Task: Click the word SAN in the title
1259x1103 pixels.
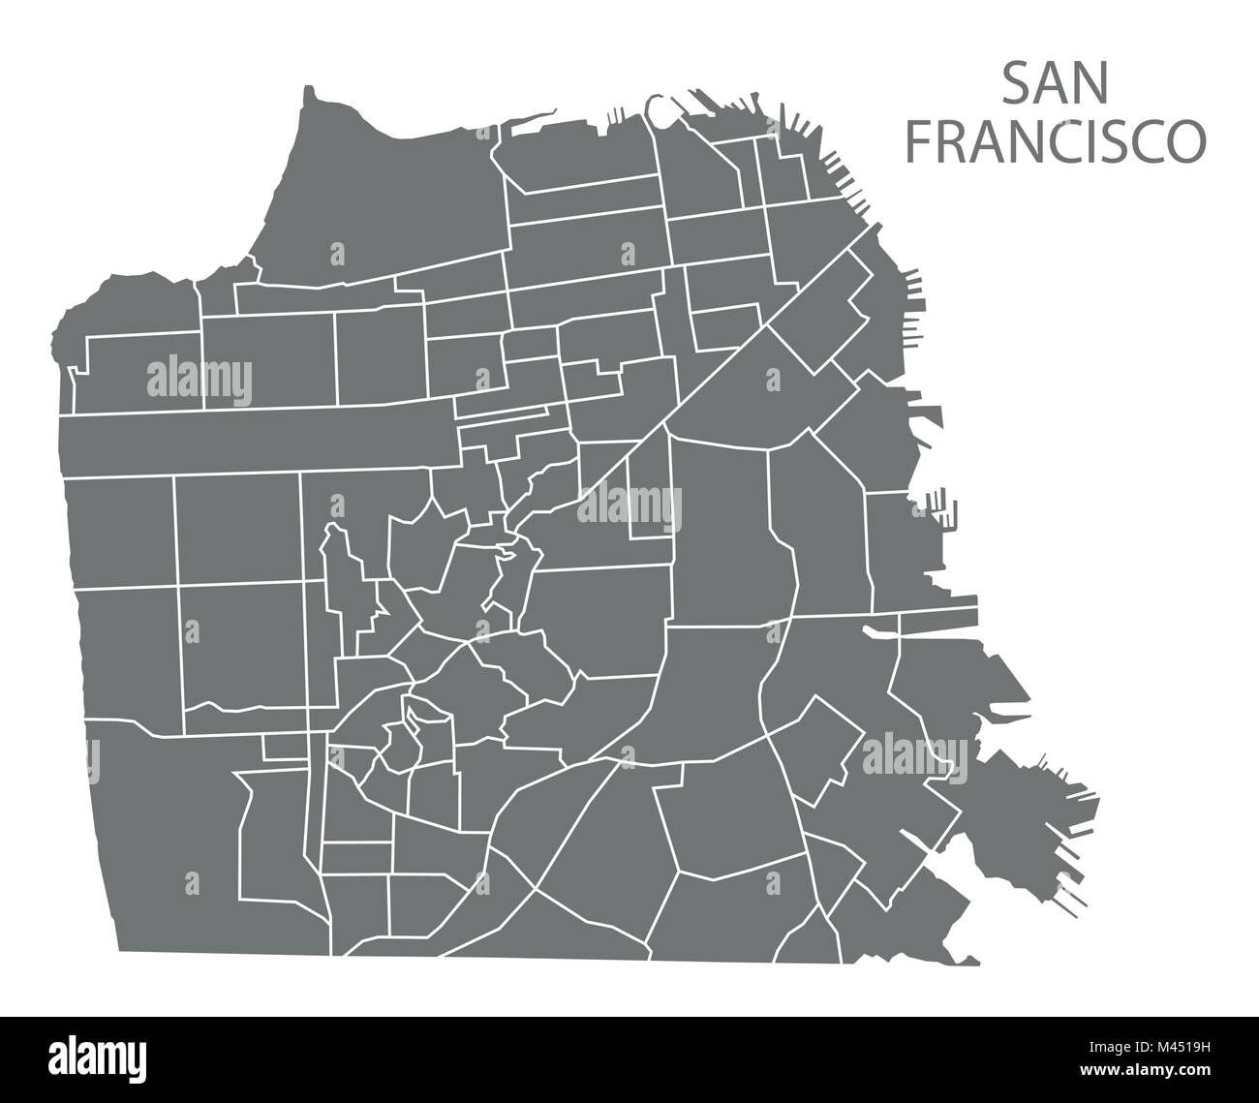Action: click(x=1055, y=85)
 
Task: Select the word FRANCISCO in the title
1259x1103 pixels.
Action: click(x=1055, y=141)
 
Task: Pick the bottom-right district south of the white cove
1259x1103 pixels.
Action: click(x=906, y=910)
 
